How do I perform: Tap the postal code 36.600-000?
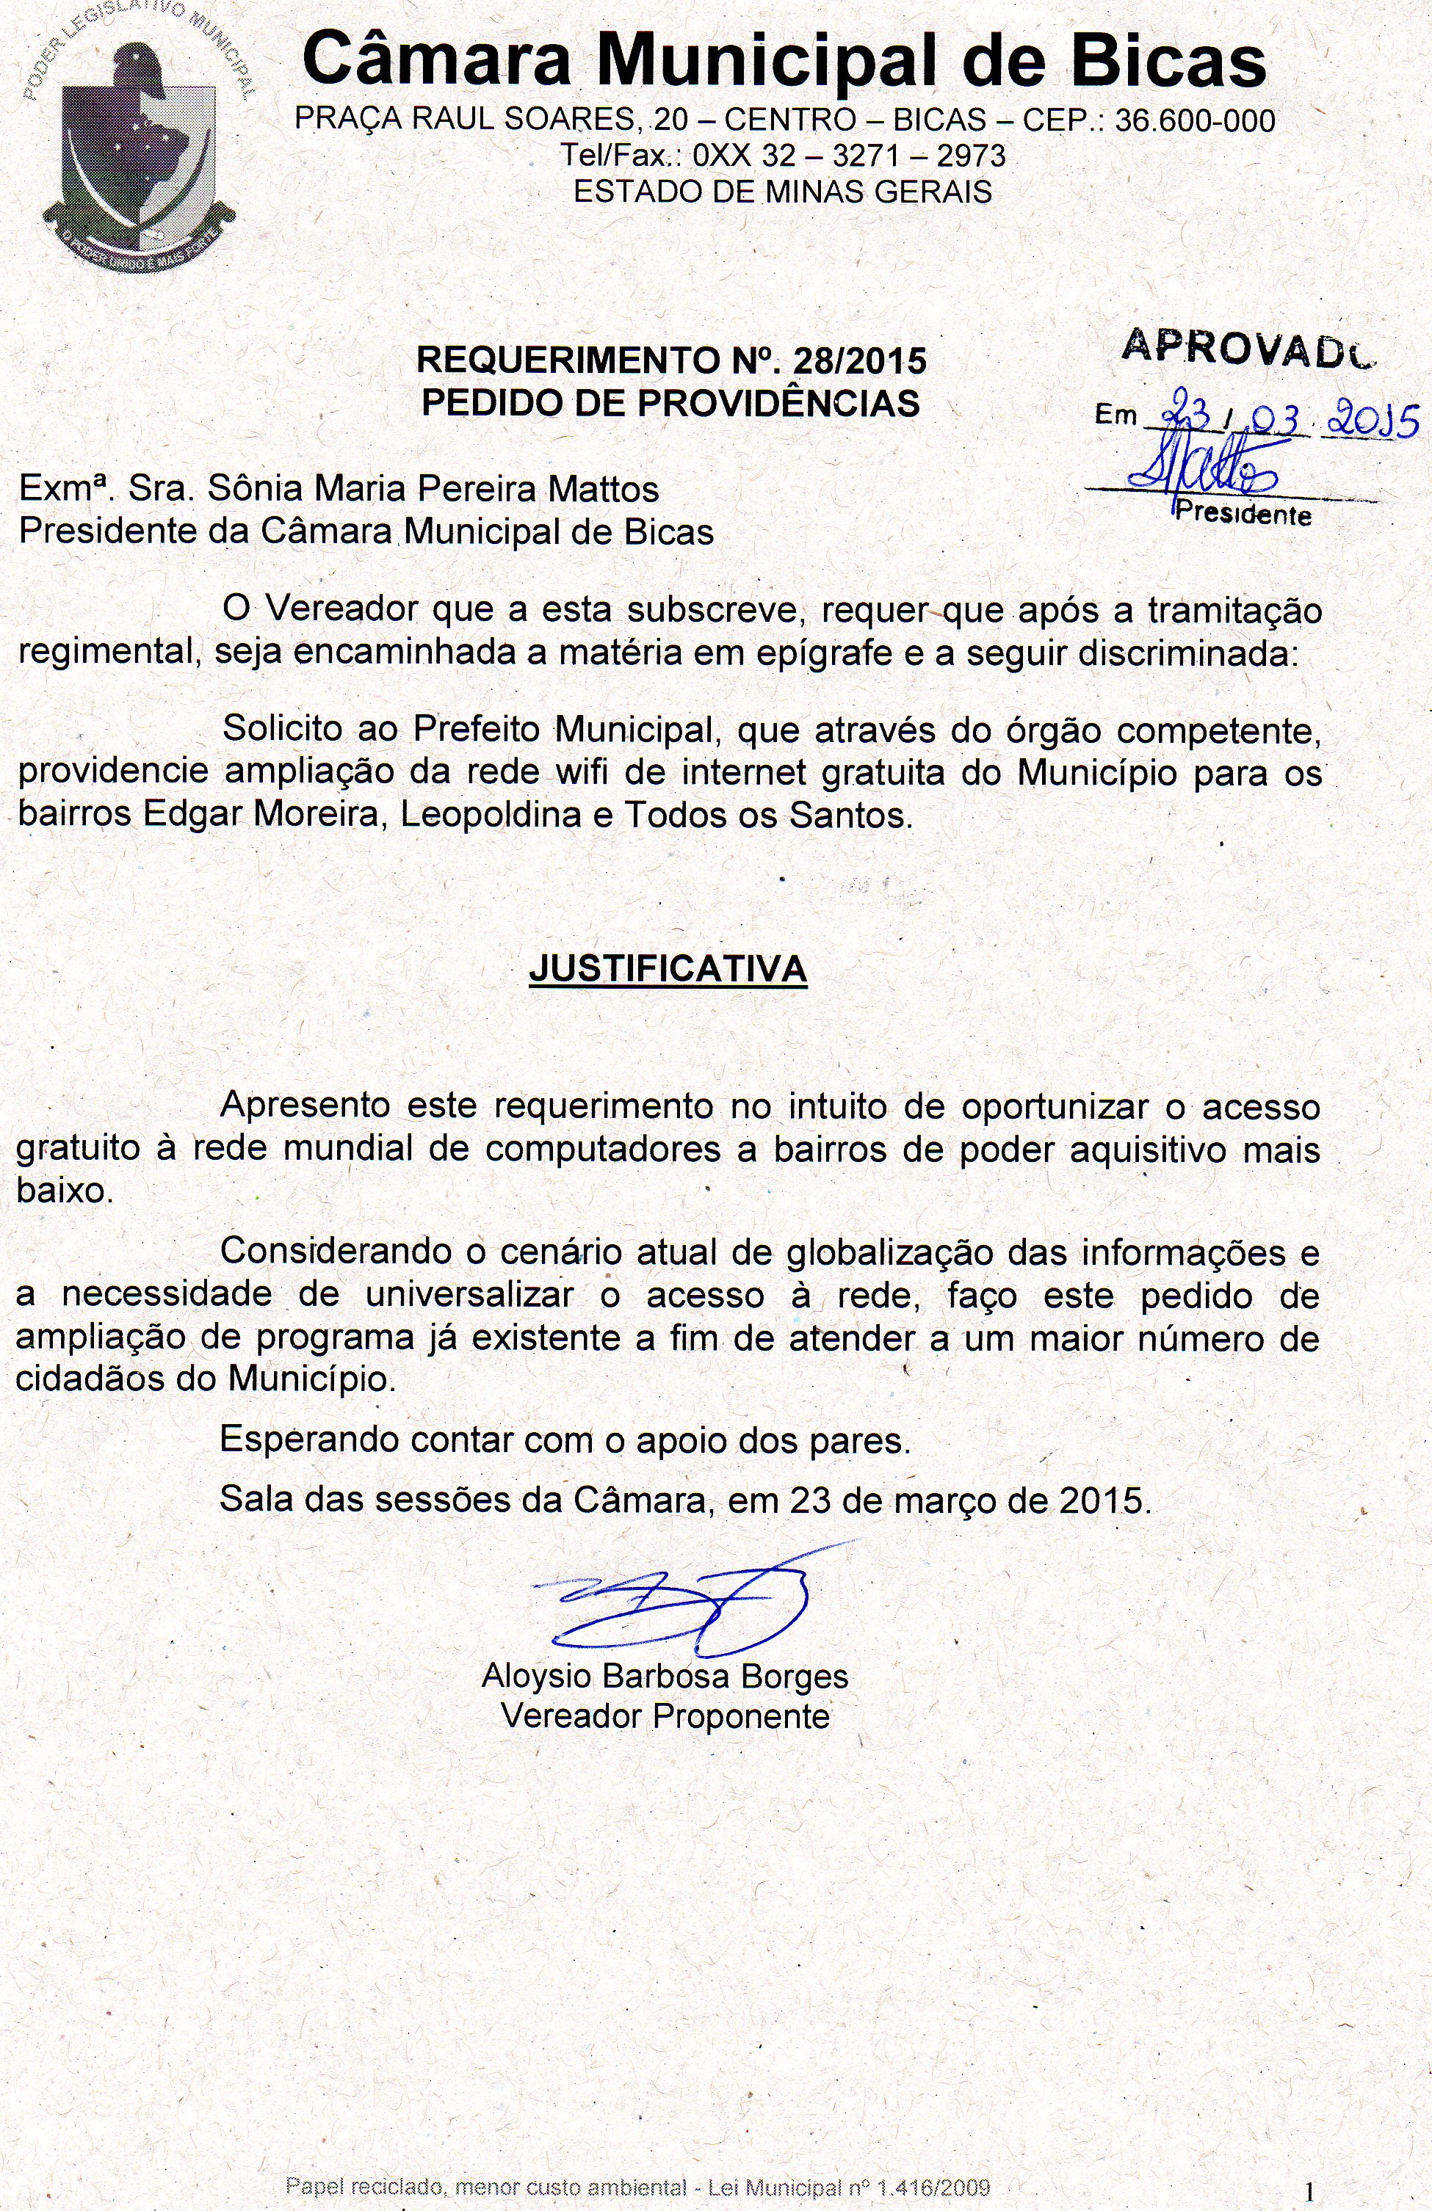pos(1194,121)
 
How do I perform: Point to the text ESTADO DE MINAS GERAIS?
pos(782,192)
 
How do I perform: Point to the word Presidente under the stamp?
pos(1243,513)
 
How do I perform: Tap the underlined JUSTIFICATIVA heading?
pos(668,969)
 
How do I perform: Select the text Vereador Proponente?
pos(665,1716)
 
